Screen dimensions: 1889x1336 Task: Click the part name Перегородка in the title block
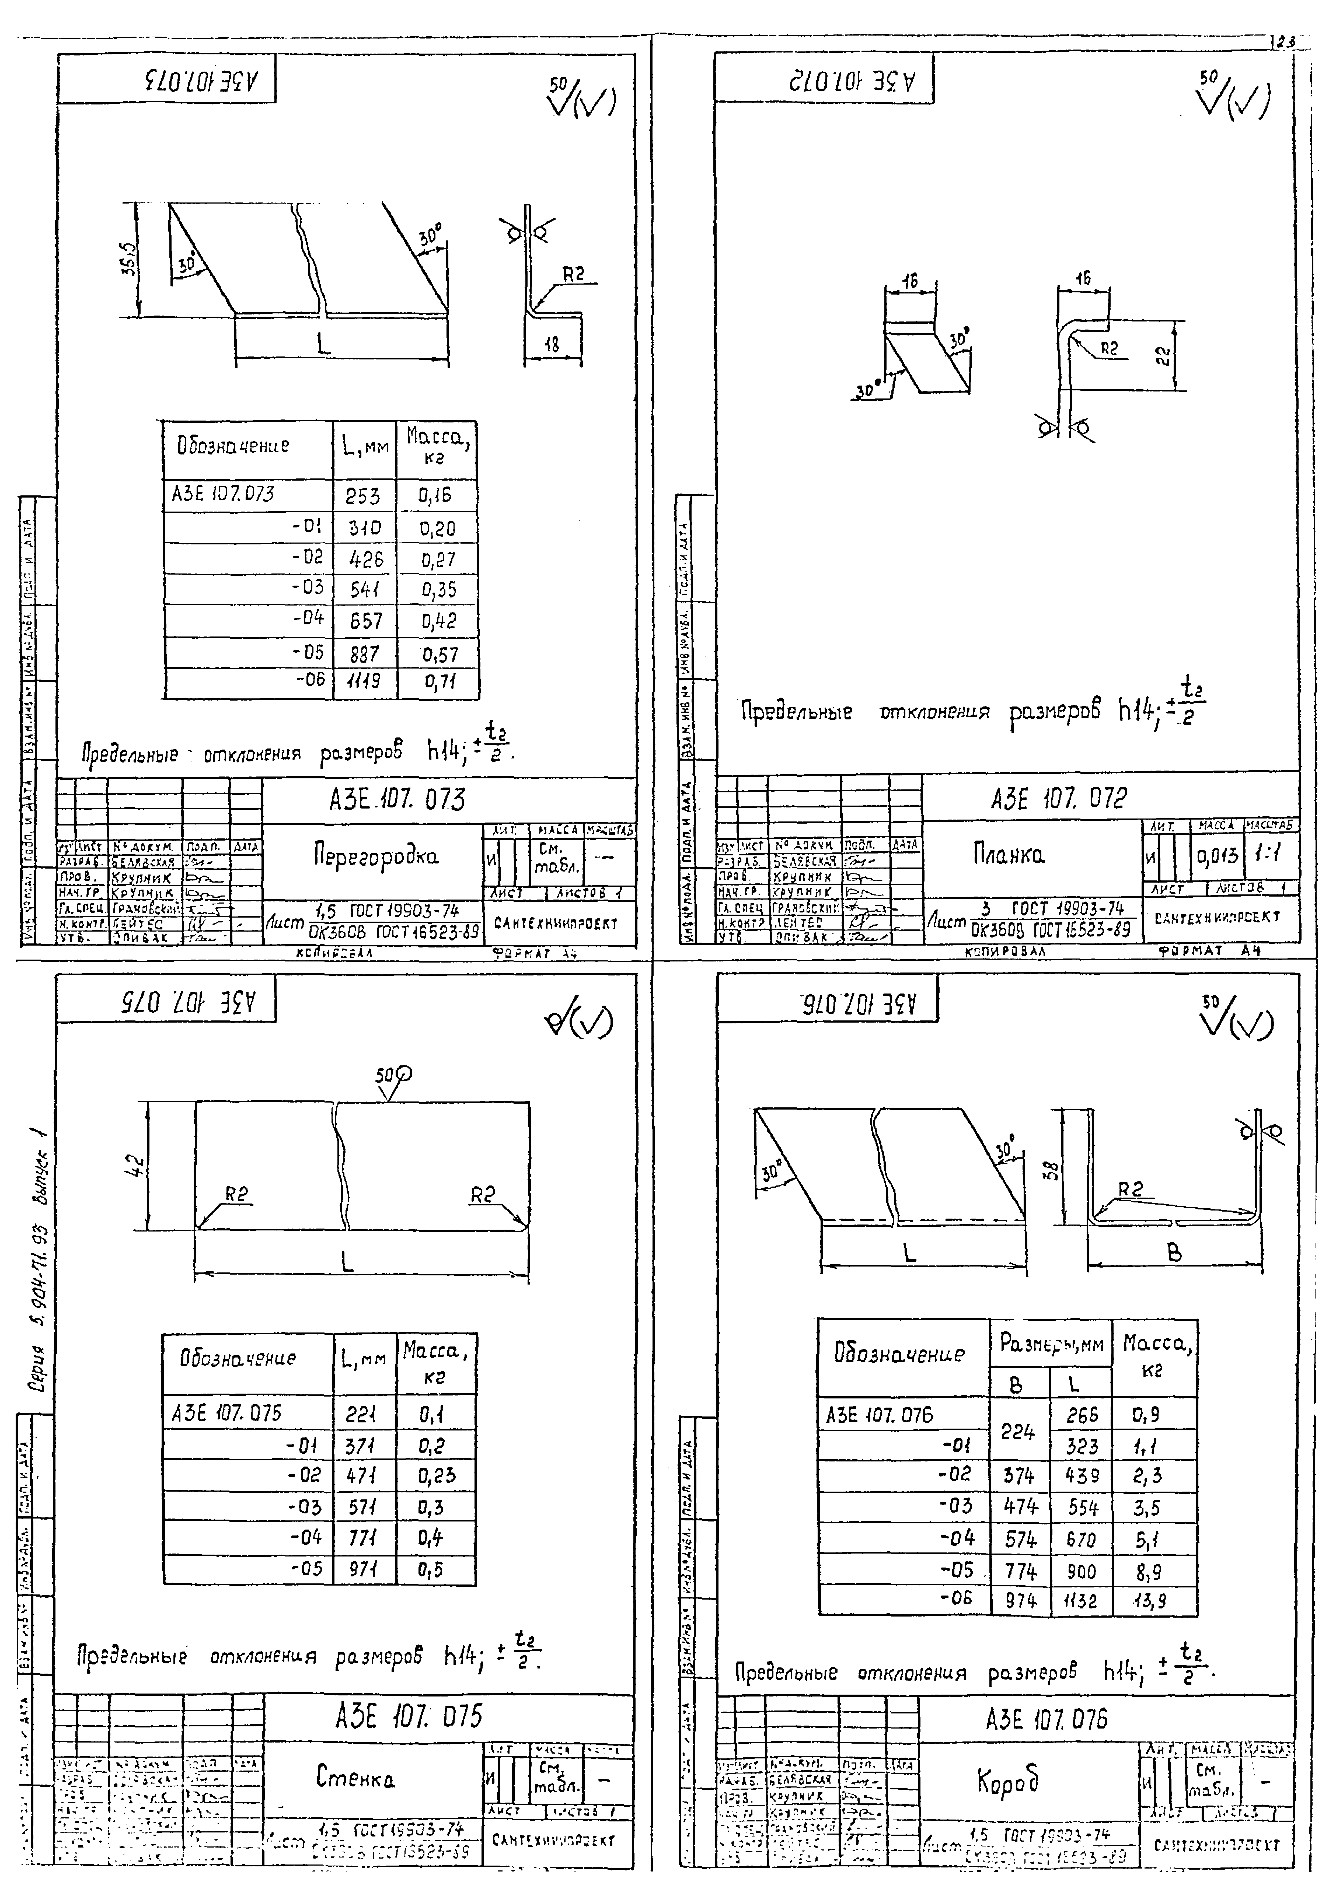(375, 856)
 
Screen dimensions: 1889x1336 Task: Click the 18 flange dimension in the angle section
(552, 345)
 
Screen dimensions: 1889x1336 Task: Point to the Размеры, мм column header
(1050, 1344)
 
